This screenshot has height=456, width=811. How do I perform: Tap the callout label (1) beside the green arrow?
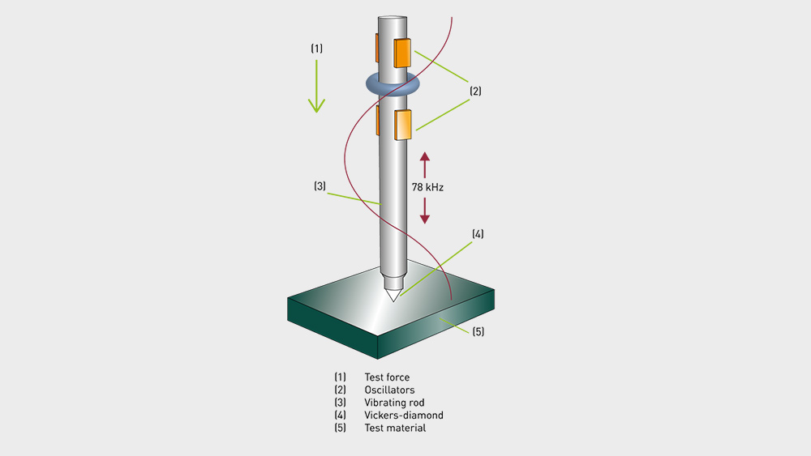316,49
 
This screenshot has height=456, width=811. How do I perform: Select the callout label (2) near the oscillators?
475,92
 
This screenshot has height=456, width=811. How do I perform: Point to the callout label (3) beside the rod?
320,186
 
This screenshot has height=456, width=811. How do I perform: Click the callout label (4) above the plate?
478,235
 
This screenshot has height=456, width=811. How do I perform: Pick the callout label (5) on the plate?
478,330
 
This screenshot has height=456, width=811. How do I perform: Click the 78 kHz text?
428,187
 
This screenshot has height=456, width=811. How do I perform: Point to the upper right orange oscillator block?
403,53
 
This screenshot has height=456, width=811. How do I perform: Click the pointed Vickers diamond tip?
393,294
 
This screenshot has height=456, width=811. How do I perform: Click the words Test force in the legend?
387,377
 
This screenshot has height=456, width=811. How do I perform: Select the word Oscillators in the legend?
389,390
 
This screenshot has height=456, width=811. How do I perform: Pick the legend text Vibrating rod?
394,403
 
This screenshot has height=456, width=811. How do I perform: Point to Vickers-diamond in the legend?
404,416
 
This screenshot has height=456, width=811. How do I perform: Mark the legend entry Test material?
395,428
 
